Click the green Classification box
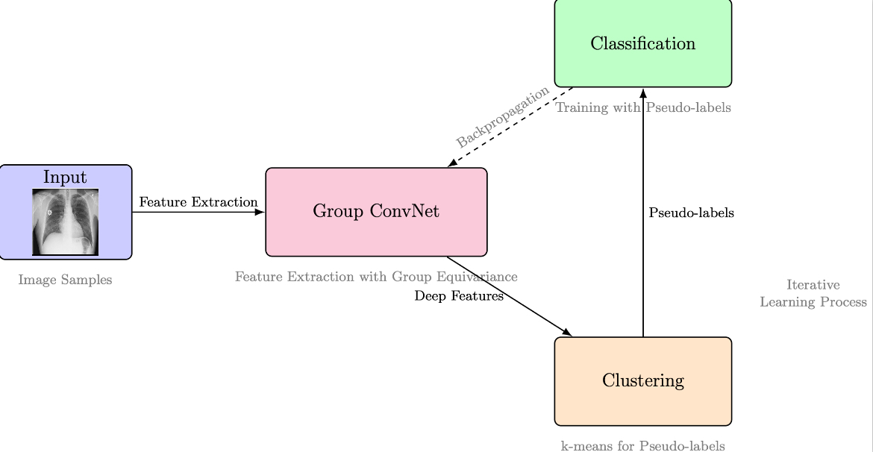click(643, 43)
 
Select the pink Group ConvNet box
click(376, 212)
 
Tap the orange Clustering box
click(643, 381)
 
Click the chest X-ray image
click(65, 222)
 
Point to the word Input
click(65, 177)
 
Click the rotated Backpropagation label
click(503, 116)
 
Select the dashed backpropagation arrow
click(510, 127)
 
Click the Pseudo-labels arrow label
click(692, 213)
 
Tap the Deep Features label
click(459, 296)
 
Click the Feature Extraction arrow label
click(198, 202)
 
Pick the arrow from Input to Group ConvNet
click(198, 212)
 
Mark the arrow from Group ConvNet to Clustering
click(510, 296)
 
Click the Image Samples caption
click(65, 280)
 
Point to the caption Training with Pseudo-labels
click(643, 107)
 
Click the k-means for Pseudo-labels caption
click(643, 445)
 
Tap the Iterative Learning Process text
click(813, 293)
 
